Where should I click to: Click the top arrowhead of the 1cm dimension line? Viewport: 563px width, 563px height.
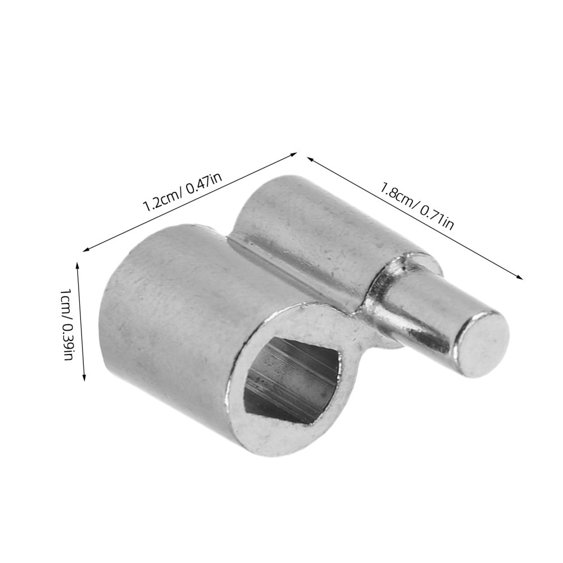tap(76, 266)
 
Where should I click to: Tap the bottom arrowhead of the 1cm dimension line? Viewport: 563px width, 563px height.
tap(84, 377)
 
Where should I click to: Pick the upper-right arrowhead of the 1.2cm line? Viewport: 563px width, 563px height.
tap(293, 155)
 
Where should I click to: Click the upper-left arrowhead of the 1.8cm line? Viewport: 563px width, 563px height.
tap(311, 158)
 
